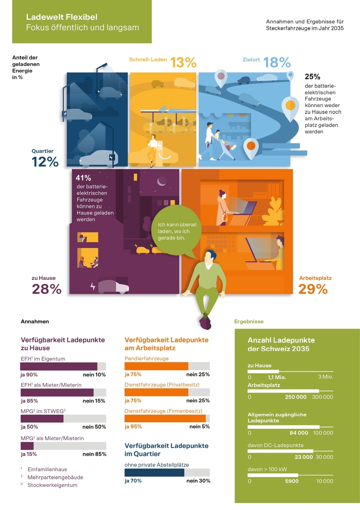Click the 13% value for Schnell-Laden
point(183,63)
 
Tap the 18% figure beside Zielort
point(277,63)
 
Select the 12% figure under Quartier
point(45,162)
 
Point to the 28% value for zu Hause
point(47,289)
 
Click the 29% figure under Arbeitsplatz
point(313,289)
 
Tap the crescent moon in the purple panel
point(161,181)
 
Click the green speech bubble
point(176,231)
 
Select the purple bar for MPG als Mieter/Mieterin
point(27,446)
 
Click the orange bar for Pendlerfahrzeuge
point(157,366)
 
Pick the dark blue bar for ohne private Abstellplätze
point(154,473)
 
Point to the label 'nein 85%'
point(94,454)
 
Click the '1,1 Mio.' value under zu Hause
point(277,377)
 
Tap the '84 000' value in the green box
point(299,433)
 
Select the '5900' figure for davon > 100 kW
point(292,481)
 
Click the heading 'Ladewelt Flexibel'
point(62,17)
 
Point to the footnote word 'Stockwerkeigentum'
point(52,485)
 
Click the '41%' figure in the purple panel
point(83,178)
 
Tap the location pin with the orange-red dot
point(251,148)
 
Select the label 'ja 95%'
point(133,426)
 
